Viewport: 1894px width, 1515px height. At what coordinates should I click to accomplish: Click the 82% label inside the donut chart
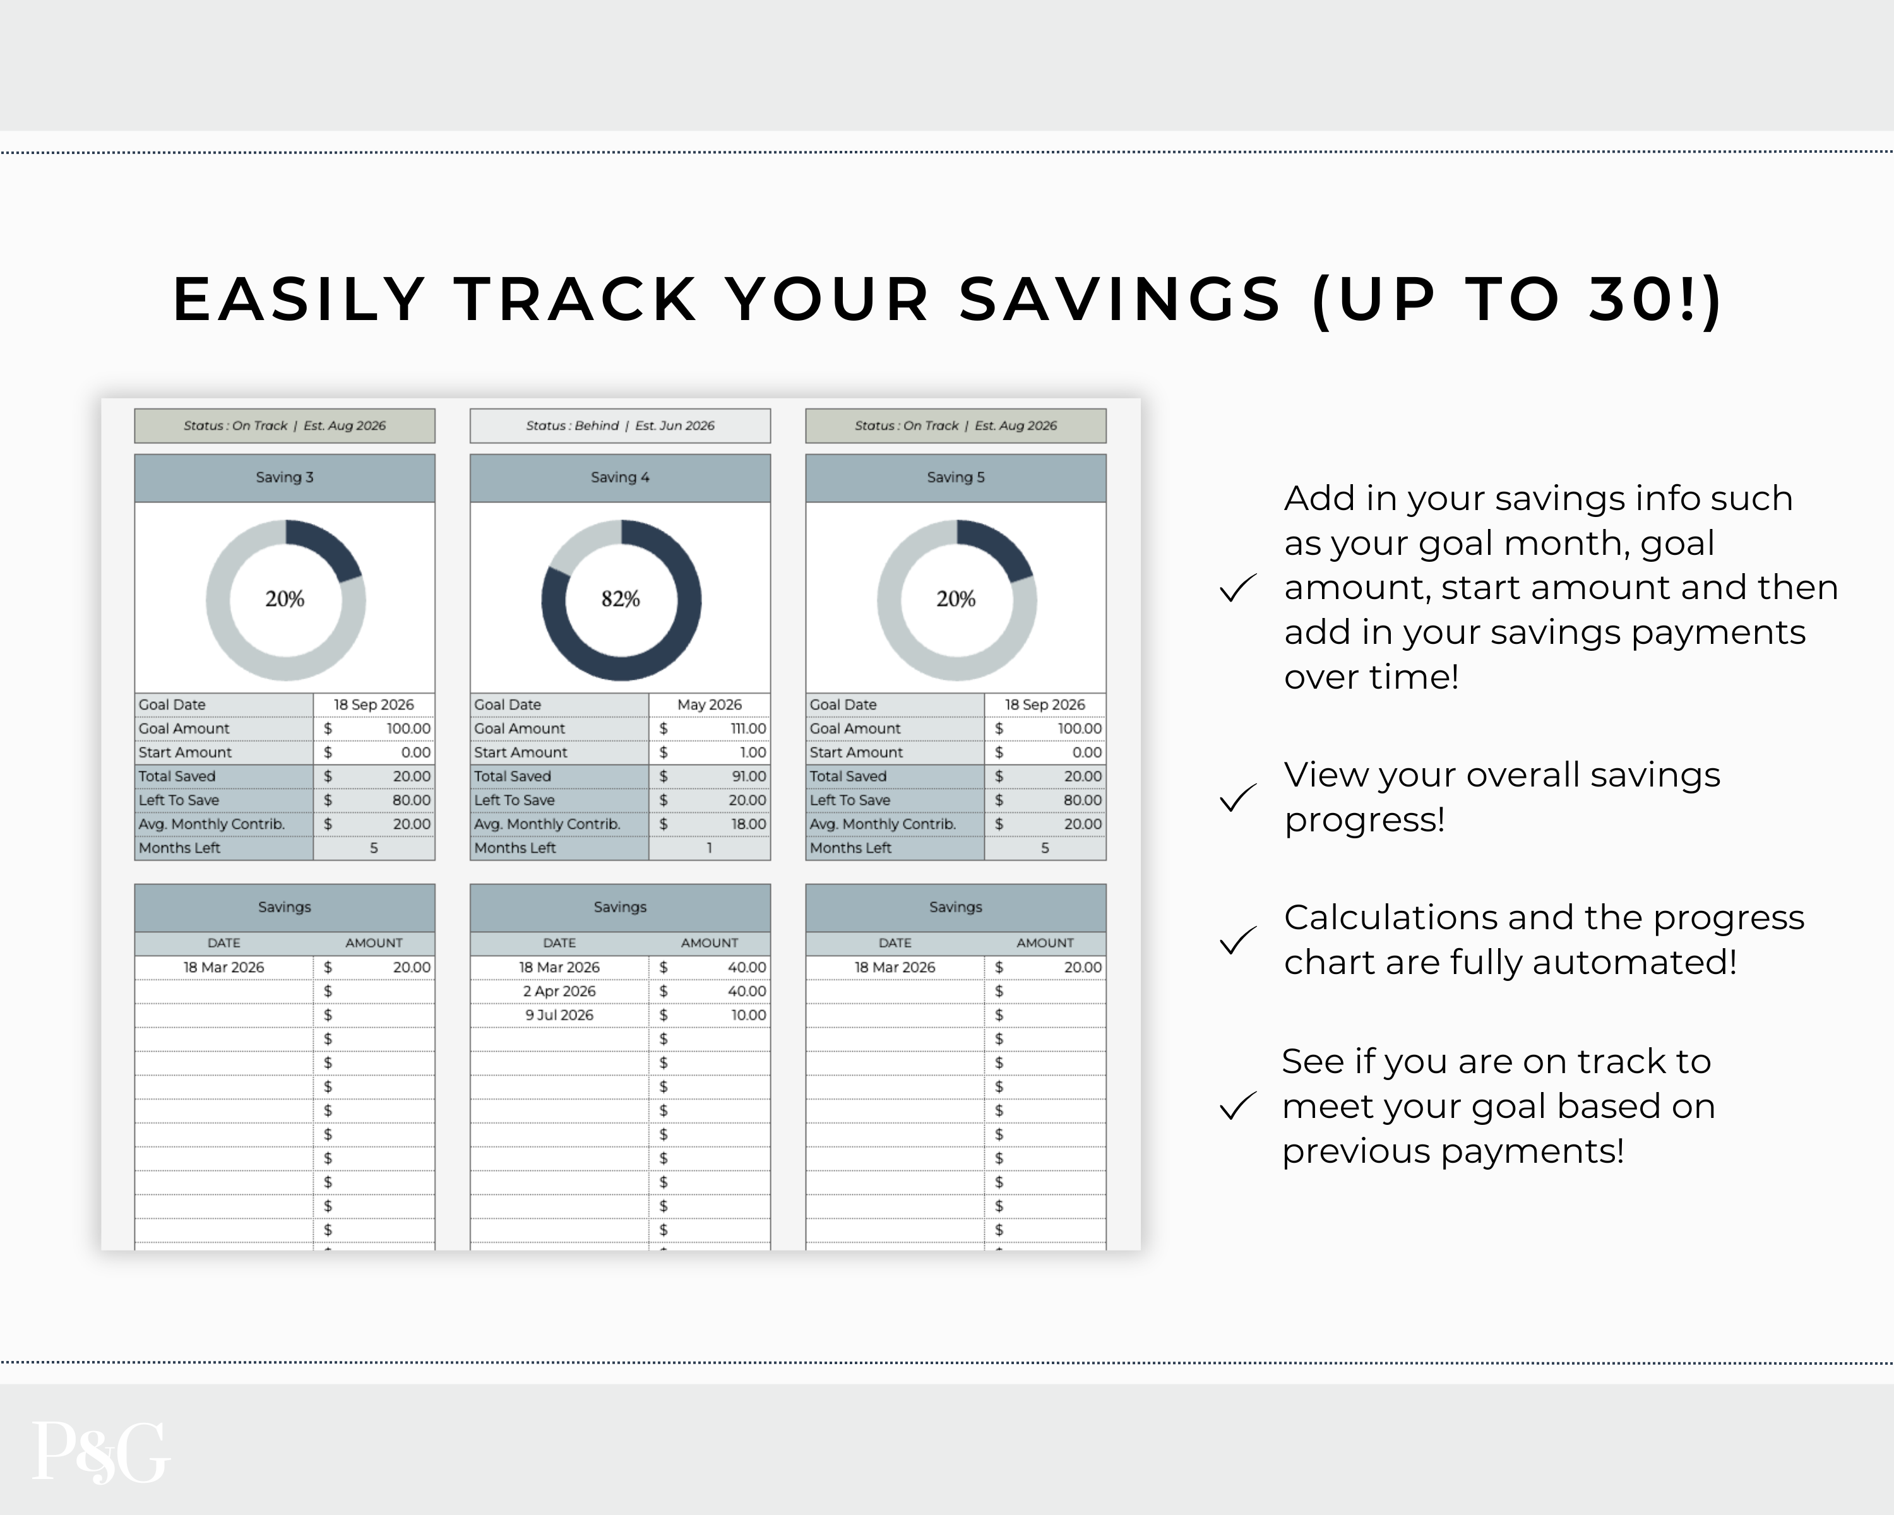click(620, 599)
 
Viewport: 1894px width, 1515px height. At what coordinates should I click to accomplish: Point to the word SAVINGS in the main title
click(1120, 299)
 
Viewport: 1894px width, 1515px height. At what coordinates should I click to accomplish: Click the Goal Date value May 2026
click(709, 704)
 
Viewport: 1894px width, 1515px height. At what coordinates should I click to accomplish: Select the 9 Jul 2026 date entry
click(559, 1014)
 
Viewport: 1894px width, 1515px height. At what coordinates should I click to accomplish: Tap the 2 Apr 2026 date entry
click(559, 990)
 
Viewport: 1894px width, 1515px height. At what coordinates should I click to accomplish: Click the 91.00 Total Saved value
click(749, 776)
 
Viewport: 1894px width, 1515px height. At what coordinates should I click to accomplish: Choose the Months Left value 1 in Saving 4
click(709, 848)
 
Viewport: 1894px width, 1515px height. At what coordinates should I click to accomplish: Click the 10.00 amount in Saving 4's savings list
click(749, 1014)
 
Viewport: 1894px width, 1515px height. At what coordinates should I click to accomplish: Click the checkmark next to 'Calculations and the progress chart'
click(1238, 941)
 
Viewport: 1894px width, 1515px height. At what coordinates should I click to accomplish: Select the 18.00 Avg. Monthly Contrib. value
click(749, 824)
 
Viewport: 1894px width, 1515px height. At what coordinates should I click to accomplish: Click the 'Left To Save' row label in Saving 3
click(178, 800)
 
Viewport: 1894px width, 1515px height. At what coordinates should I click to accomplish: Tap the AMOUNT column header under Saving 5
click(1044, 943)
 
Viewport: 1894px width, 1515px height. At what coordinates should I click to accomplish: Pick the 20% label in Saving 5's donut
click(956, 599)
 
